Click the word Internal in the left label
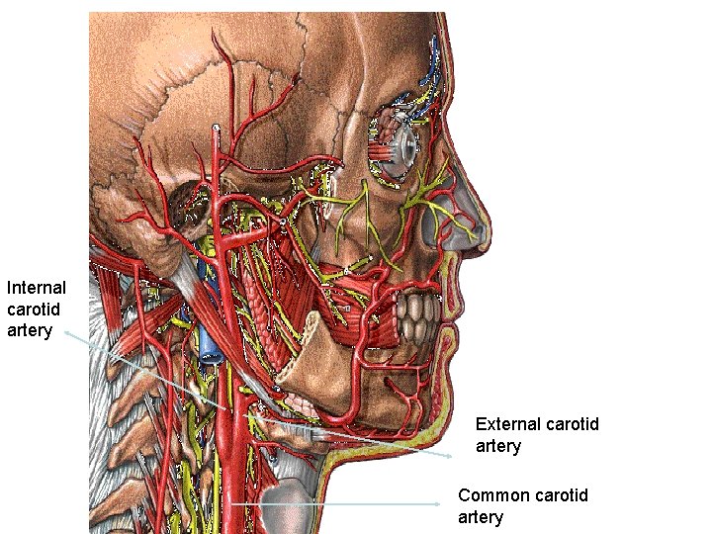pos(37,288)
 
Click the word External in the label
pos(507,424)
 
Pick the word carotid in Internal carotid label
pos(33,310)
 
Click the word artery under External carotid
pos(498,446)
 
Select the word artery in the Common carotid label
pos(481,516)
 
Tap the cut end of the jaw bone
pos(297,370)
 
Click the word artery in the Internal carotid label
pos(30,330)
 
